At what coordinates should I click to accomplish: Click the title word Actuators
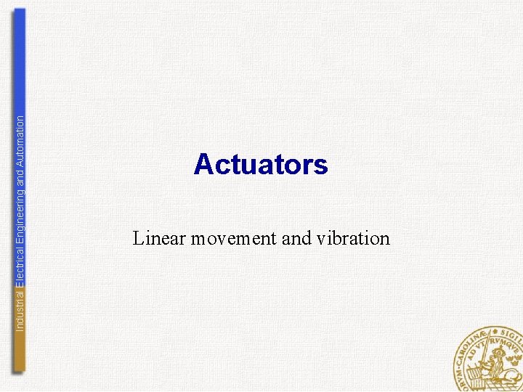click(261, 165)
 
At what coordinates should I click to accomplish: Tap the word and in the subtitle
click(296, 238)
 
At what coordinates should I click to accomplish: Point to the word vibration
click(353, 238)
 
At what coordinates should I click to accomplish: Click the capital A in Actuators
click(203, 165)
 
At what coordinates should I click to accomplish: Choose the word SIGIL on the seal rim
click(511, 335)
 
